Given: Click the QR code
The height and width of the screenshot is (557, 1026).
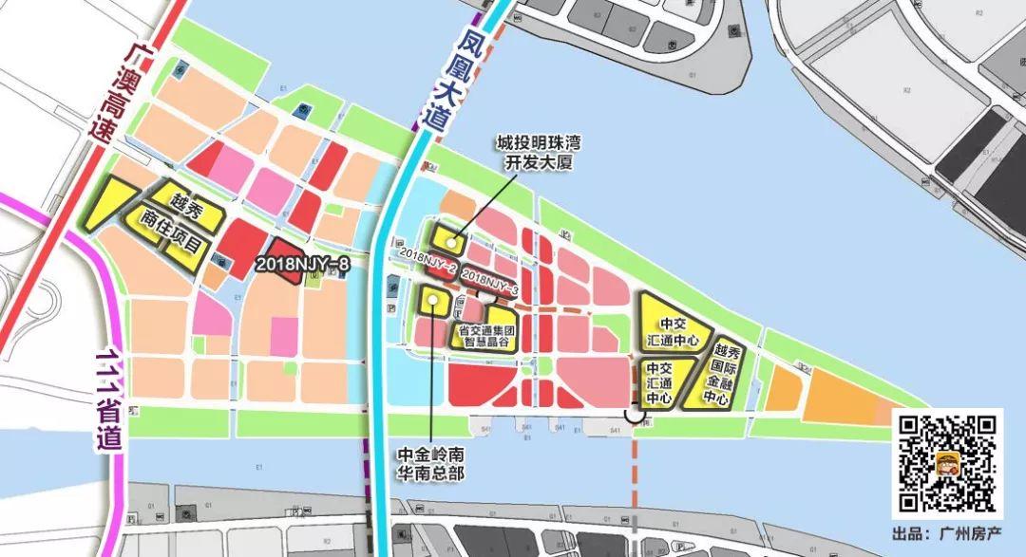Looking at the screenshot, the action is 947,464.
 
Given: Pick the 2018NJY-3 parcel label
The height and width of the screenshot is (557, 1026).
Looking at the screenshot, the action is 490,282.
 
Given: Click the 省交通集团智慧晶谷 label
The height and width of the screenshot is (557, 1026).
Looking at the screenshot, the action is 484,336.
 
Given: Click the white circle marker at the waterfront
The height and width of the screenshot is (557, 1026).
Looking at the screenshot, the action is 634,414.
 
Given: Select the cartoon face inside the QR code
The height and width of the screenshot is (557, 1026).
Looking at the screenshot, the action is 947,464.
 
